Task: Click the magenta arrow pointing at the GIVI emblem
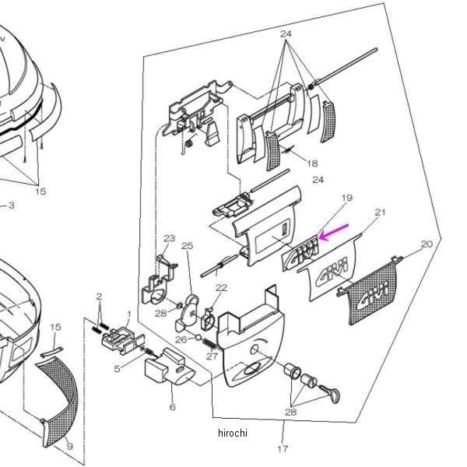pyautogui.click(x=333, y=232)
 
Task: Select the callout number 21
pyautogui.click(x=380, y=212)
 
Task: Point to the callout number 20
pyautogui.click(x=426, y=244)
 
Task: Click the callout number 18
pyautogui.click(x=312, y=163)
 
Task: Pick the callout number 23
pyautogui.click(x=170, y=238)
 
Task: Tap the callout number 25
pyautogui.click(x=187, y=246)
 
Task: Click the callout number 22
pyautogui.click(x=221, y=288)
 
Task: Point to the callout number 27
pyautogui.click(x=212, y=356)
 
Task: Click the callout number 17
pyautogui.click(x=283, y=448)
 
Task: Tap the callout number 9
pyautogui.click(x=70, y=446)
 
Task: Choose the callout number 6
pyautogui.click(x=172, y=406)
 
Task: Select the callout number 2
pyautogui.click(x=100, y=297)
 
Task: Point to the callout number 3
pyautogui.click(x=11, y=205)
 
